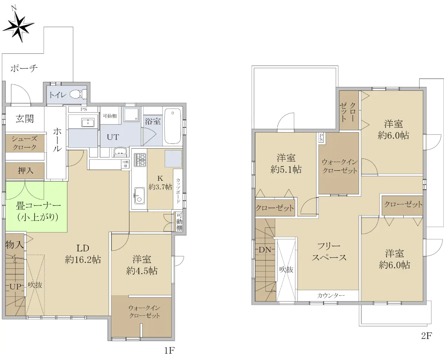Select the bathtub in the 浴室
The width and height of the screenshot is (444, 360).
click(172, 126)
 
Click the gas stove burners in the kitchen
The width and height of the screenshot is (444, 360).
click(140, 160)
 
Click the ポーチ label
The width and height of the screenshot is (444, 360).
click(24, 68)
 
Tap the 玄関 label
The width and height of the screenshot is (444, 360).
click(24, 119)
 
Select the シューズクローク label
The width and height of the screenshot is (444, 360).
click(24, 143)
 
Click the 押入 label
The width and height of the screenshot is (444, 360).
click(26, 170)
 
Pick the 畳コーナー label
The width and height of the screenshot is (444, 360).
click(38, 206)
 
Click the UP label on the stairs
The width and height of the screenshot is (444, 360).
click(16, 287)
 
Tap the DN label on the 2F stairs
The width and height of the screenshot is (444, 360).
click(265, 250)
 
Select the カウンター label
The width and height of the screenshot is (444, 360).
click(331, 295)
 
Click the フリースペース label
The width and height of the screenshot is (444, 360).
click(329, 252)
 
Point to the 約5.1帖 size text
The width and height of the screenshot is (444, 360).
click(286, 170)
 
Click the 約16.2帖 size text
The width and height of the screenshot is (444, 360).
click(83, 260)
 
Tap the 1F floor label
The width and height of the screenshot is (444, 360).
click(169, 350)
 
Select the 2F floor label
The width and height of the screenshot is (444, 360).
click(427, 336)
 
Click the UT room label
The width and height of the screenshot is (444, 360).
click(113, 137)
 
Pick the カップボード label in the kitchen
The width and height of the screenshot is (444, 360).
click(178, 190)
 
